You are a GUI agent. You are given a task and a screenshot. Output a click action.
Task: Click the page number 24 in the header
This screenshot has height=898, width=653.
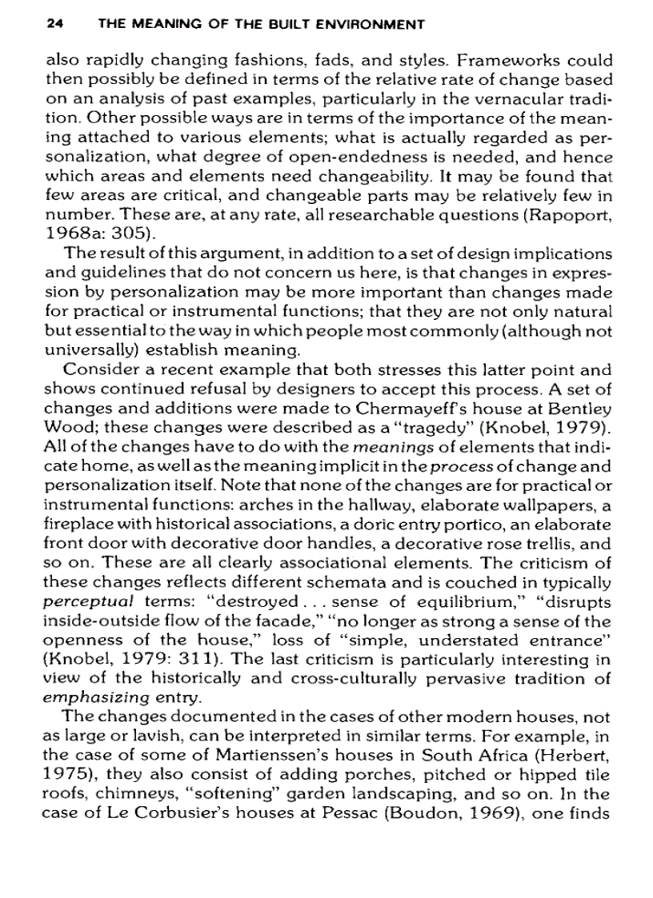[x=54, y=24]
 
